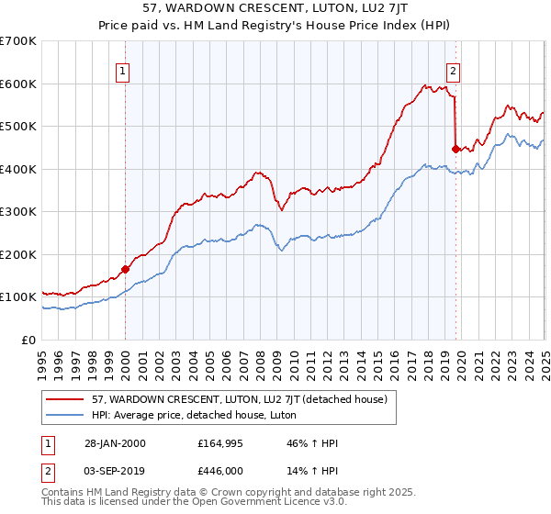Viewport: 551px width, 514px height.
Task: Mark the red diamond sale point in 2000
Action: point(126,270)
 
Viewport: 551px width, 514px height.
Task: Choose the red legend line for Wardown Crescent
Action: point(65,399)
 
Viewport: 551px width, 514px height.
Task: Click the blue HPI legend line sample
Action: point(65,415)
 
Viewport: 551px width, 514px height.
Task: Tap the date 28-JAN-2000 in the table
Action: point(111,443)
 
